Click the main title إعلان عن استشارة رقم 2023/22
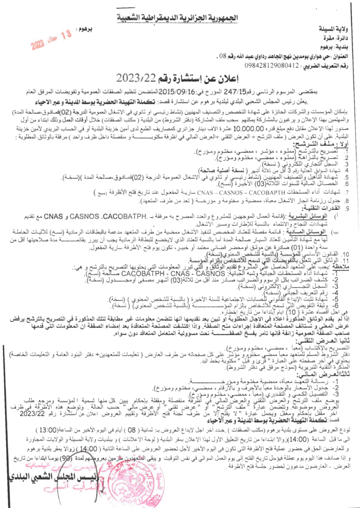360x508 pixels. point(176,78)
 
